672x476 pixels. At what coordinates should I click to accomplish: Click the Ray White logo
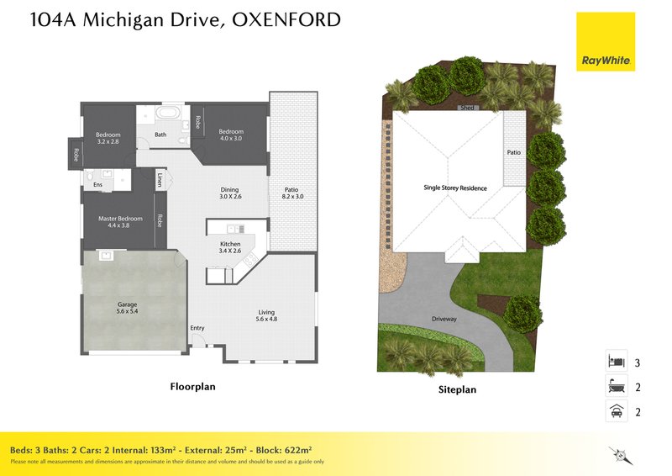point(606,42)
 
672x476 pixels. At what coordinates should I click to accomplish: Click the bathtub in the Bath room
point(167,113)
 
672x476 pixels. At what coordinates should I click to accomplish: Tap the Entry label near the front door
point(197,328)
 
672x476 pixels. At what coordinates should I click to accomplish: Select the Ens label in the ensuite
point(97,184)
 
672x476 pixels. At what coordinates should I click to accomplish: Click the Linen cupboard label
point(160,180)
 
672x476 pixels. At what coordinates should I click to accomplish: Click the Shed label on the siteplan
point(467,108)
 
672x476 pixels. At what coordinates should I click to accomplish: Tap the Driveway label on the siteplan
point(444,319)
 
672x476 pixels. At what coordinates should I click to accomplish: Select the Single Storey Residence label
point(455,188)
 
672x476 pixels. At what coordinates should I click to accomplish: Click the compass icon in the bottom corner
point(620,455)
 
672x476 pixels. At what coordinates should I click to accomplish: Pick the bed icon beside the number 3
point(616,361)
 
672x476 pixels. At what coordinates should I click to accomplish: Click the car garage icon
point(617,410)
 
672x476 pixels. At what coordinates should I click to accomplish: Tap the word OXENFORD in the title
point(286,19)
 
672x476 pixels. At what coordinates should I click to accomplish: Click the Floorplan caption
point(193,387)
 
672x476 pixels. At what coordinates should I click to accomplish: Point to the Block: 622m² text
point(284,450)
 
